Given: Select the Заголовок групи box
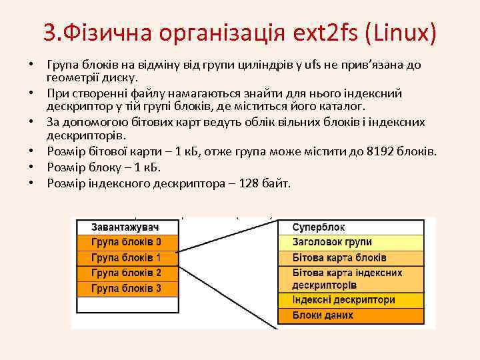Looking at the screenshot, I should (x=351, y=242).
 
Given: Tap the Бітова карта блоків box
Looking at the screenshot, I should (x=351, y=257).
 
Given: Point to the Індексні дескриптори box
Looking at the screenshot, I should (x=351, y=300).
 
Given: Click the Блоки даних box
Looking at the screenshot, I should (x=351, y=315).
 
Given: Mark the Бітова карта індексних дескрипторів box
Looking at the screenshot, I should (x=351, y=279).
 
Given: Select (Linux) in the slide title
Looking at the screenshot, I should (x=400, y=31).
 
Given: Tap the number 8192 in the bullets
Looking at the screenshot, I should (x=381, y=151).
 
